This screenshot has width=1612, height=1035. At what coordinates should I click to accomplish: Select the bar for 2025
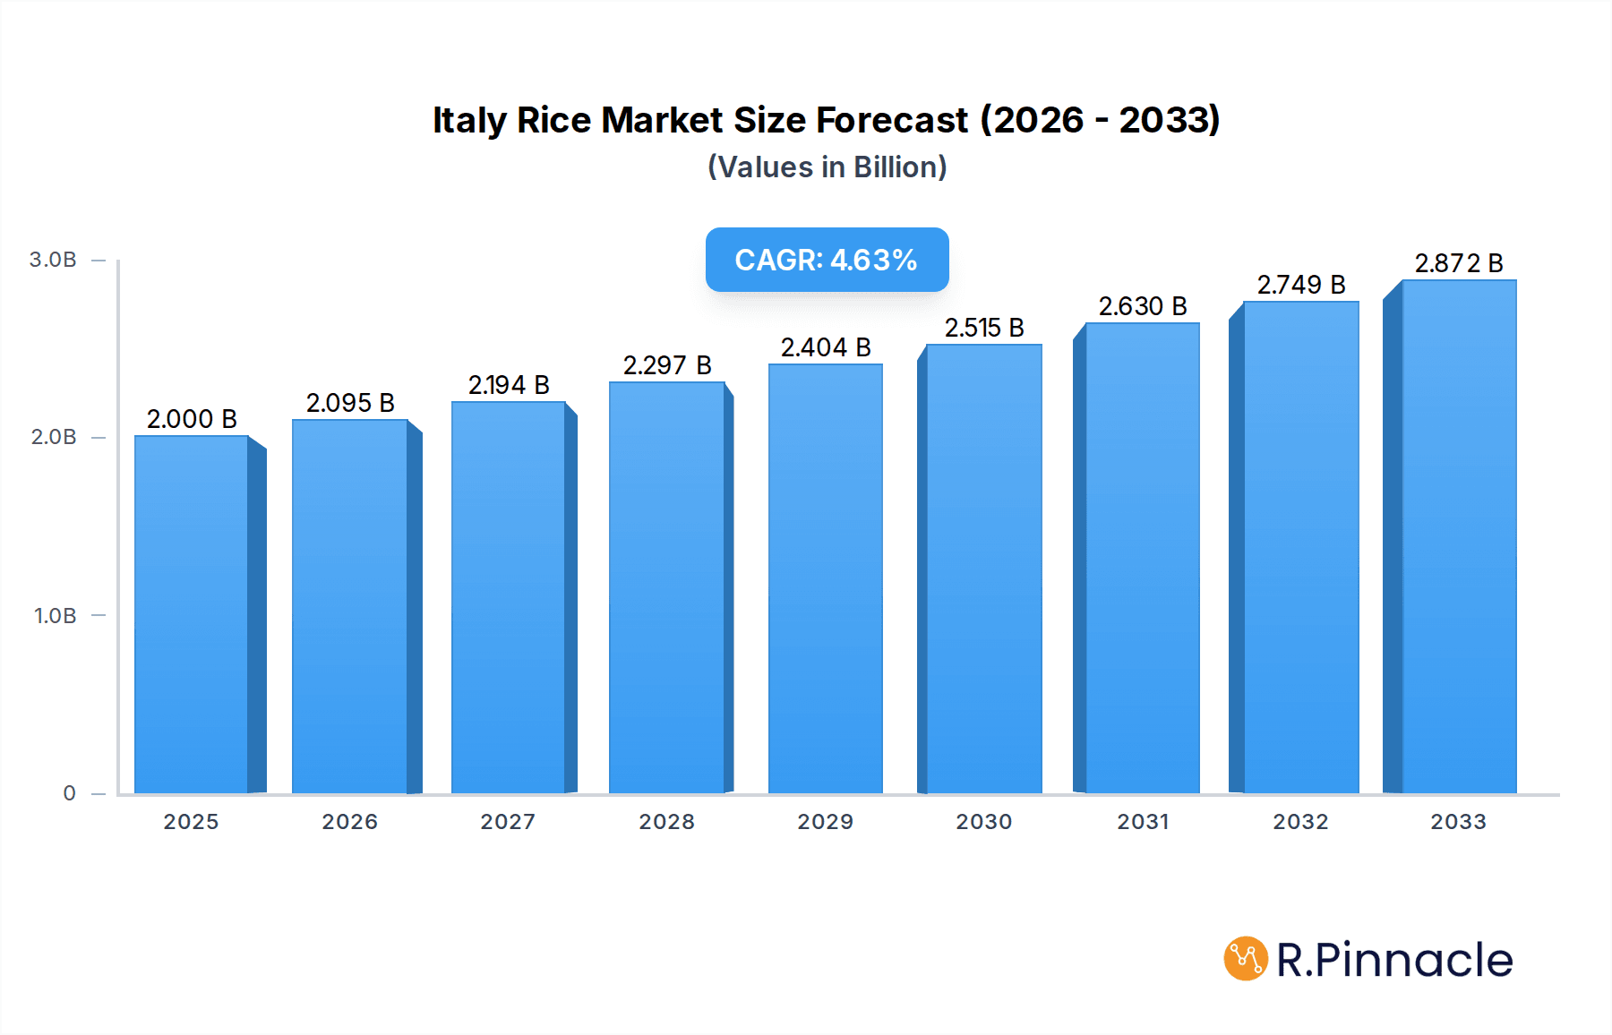[192, 614]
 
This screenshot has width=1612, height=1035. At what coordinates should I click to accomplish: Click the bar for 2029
[826, 578]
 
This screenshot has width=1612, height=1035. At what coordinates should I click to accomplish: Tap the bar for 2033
[1458, 537]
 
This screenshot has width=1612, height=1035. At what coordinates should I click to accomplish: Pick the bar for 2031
[1142, 558]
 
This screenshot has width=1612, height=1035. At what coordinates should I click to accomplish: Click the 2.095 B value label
[350, 403]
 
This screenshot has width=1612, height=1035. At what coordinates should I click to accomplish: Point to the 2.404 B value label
[826, 347]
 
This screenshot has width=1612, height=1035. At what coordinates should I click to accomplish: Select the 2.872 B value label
[1458, 263]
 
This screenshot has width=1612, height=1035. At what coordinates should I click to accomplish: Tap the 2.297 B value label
[667, 365]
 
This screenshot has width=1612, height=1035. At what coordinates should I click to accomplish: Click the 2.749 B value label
[1301, 285]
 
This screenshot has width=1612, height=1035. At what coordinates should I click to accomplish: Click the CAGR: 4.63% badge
[827, 260]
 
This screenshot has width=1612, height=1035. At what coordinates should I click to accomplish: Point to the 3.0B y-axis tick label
[53, 260]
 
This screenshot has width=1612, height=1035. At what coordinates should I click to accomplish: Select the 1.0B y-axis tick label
[55, 616]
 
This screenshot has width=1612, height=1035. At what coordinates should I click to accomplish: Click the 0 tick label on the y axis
[69, 793]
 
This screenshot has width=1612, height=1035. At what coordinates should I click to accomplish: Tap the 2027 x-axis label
[508, 822]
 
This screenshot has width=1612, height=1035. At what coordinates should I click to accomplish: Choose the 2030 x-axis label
[983, 822]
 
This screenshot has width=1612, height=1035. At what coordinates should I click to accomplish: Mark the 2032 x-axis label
[1300, 822]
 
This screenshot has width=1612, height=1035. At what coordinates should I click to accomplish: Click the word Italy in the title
[468, 120]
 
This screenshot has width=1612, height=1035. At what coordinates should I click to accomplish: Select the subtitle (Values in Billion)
[827, 167]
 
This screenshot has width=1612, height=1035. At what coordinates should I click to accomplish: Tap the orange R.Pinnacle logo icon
[1245, 959]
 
